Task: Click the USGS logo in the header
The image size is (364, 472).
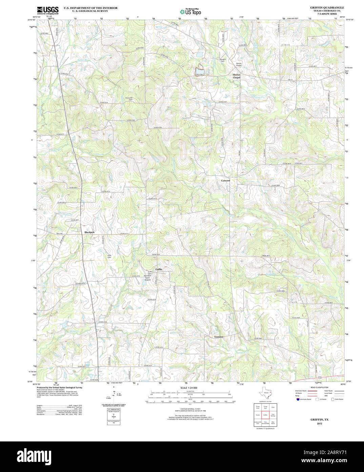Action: (47, 10)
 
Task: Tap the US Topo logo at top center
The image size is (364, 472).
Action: (190, 12)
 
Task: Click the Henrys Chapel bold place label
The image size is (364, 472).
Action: (236, 76)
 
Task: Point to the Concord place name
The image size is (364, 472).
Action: (225, 180)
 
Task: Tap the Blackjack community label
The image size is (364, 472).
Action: (89, 232)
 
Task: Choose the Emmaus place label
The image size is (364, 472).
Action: (219, 337)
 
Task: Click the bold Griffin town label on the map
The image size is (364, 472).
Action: (159, 269)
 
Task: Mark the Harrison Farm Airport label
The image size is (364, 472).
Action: (147, 277)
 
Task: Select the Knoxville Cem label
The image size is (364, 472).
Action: (129, 99)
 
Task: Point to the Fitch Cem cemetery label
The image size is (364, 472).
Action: (109, 256)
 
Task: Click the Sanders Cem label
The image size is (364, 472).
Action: (222, 60)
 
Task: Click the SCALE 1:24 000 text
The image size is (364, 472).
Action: (188, 388)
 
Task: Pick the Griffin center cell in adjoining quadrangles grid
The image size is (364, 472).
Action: (265, 415)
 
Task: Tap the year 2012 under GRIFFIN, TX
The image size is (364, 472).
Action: (320, 423)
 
